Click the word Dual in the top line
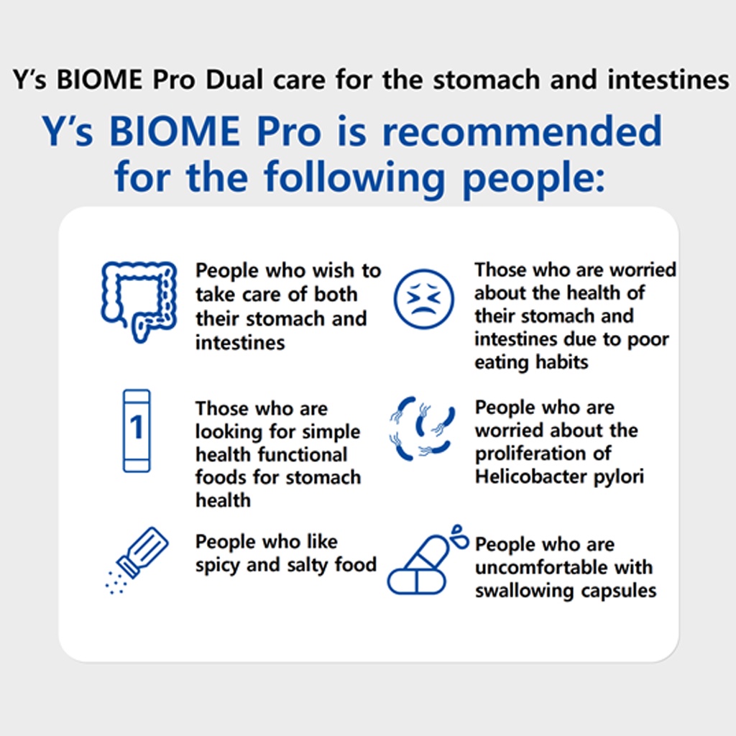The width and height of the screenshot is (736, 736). coord(234,79)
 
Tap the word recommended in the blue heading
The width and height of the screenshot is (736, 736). coord(522,132)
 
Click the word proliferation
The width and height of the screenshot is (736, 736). coord(543,454)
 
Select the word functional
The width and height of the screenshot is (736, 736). coord(305,454)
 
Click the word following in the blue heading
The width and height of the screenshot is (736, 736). coord(354,178)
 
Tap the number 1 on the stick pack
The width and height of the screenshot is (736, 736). coord(137,427)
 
